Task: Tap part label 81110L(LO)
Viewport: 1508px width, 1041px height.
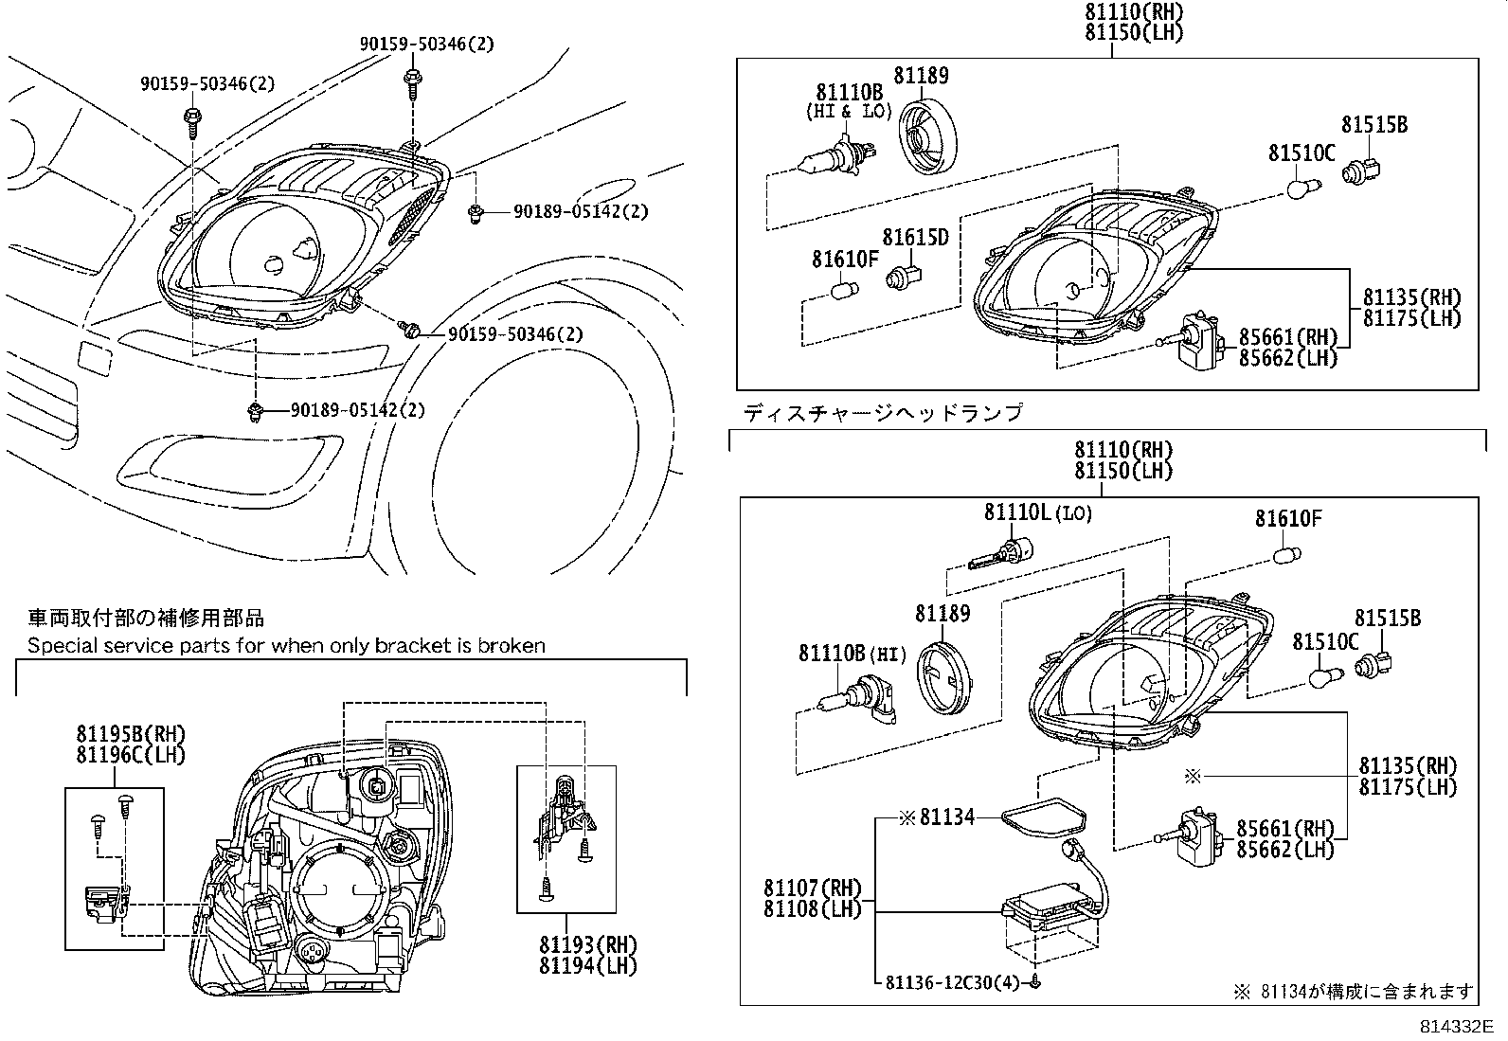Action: pos(1037,512)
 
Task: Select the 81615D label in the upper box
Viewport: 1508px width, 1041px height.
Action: pos(915,237)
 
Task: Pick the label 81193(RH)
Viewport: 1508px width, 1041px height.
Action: pos(588,944)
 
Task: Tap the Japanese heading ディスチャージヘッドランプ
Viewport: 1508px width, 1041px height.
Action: pos(883,413)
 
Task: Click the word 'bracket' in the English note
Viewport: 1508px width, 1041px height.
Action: pos(411,646)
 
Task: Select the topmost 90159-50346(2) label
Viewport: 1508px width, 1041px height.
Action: pos(426,44)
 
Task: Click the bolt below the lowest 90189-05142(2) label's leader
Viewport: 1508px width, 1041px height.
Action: pos(254,411)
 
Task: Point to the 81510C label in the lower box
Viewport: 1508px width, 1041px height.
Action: pos(1326,642)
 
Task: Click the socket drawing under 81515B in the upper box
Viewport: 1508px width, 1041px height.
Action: pos(1363,171)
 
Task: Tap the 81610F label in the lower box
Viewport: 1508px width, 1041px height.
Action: pos(1288,518)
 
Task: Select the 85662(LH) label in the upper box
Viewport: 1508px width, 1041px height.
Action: pos(1288,357)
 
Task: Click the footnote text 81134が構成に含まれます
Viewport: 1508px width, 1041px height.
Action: pos(1367,992)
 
